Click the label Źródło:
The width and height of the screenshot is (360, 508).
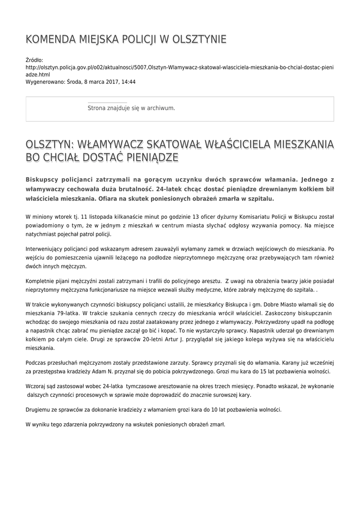coord(34,60)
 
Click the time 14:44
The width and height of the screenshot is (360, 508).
coord(128,82)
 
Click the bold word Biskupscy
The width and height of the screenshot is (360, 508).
coord(45,179)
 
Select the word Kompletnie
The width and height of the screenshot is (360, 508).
coord(41,281)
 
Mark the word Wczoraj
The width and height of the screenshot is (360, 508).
coord(36,386)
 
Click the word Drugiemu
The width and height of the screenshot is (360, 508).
coord(39,410)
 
